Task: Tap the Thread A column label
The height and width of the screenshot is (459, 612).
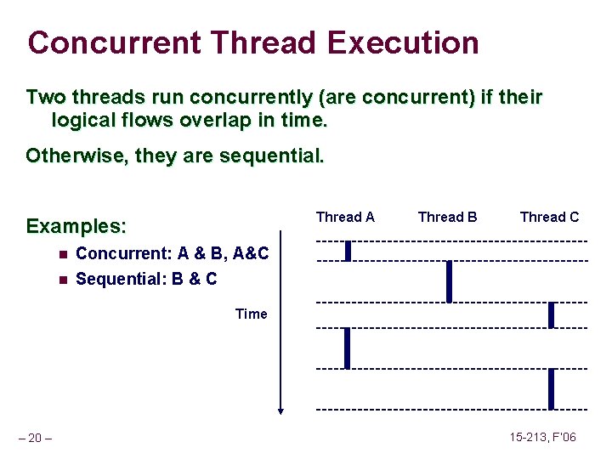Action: (345, 217)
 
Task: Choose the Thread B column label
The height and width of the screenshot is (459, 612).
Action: (447, 217)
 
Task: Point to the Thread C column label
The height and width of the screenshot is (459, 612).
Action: (549, 217)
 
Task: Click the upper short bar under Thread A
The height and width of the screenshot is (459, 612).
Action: (348, 251)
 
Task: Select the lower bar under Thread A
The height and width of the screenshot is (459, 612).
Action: (347, 348)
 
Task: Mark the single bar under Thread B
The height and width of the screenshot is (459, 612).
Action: (449, 281)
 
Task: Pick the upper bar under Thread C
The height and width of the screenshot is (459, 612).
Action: (551, 314)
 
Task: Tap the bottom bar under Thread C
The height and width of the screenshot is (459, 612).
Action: (551, 388)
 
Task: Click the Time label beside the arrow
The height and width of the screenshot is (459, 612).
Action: (251, 314)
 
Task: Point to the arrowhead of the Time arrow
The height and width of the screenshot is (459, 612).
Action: (280, 411)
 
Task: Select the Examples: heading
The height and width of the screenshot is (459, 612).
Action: (76, 226)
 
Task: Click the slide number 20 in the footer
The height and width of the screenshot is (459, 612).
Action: (35, 438)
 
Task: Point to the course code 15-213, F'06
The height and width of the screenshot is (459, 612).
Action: (542, 437)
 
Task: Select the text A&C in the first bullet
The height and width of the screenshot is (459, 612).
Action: (251, 253)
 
